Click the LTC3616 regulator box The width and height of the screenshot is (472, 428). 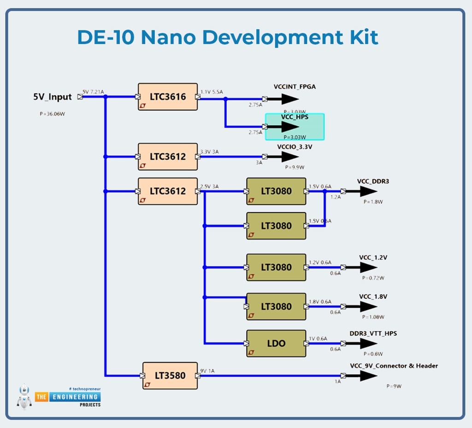pyautogui.click(x=168, y=97)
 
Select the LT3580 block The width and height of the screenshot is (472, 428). pyautogui.click(x=170, y=375)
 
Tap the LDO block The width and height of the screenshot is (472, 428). pyautogui.click(x=276, y=343)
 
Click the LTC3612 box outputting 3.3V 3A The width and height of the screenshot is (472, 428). pyautogui.click(x=168, y=157)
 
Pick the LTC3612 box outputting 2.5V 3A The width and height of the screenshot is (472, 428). pyautogui.click(x=168, y=191)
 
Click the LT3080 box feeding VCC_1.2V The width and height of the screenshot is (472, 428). pyautogui.click(x=276, y=267)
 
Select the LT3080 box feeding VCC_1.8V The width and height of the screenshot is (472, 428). pyautogui.click(x=276, y=306)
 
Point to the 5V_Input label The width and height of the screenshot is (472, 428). pyautogui.click(x=53, y=97)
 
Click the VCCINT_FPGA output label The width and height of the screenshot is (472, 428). pyautogui.click(x=295, y=87)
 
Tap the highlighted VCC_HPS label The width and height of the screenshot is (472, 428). pyautogui.click(x=295, y=117)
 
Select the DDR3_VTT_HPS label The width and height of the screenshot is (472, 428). pyautogui.click(x=373, y=334)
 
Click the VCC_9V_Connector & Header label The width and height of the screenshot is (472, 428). pyautogui.click(x=394, y=366)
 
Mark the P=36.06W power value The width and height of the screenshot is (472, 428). pyautogui.click(x=52, y=114)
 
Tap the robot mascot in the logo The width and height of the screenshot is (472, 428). pyautogui.click(x=24, y=396)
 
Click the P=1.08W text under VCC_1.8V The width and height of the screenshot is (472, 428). pyautogui.click(x=373, y=317)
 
